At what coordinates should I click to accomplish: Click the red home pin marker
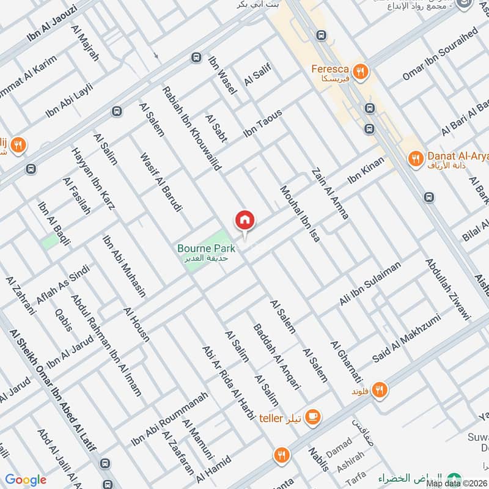(244, 220)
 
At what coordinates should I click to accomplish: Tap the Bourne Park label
(206, 249)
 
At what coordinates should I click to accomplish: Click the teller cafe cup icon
(312, 416)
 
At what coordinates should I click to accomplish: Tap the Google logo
(26, 480)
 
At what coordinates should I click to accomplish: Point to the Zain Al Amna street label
(331, 194)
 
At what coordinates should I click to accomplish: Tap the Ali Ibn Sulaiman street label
(370, 284)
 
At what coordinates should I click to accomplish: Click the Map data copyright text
(457, 483)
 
